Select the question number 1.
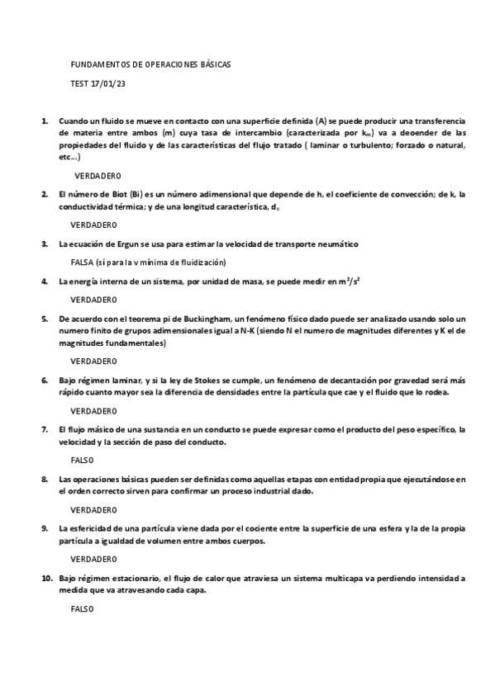(x=45, y=121)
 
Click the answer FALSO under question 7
(x=83, y=460)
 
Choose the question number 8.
(x=45, y=479)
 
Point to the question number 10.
(x=46, y=578)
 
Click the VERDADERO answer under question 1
(x=98, y=176)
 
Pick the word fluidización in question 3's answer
(x=203, y=262)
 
